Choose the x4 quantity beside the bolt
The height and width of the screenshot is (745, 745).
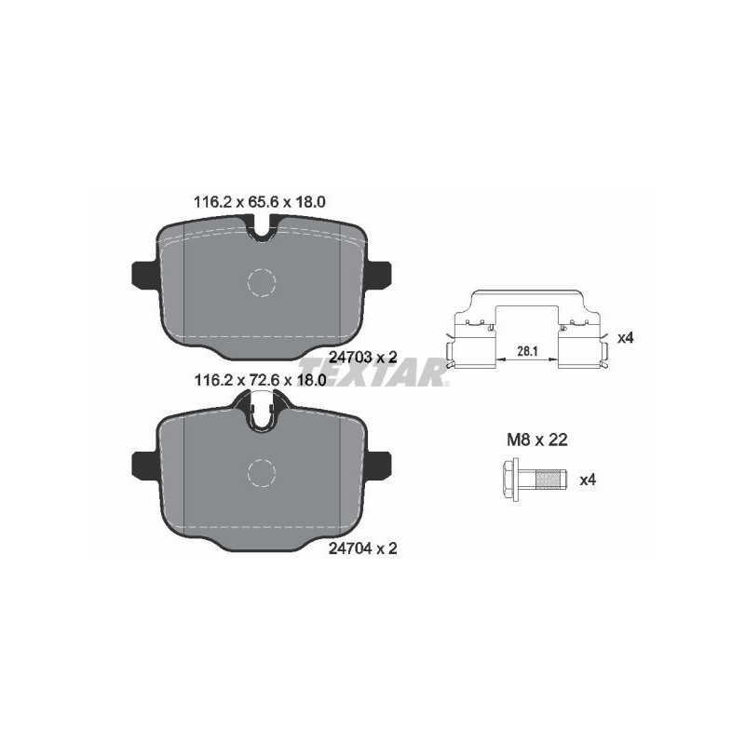(588, 480)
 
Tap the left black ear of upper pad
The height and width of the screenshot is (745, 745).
(140, 274)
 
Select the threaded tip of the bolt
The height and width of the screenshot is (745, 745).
(552, 480)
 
